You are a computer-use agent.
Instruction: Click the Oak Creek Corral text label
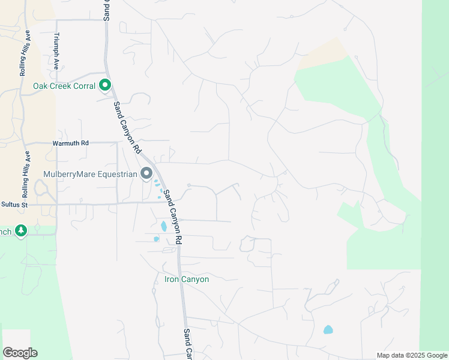[64, 86]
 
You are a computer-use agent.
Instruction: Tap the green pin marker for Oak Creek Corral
[105, 86]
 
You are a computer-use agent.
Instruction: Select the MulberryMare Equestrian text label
[90, 175]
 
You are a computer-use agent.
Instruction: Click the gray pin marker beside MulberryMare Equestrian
[146, 174]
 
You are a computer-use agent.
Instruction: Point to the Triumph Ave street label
[56, 52]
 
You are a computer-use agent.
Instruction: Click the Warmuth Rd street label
[70, 143]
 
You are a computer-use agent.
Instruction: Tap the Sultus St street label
[14, 205]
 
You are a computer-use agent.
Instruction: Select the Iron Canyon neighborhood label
[187, 280]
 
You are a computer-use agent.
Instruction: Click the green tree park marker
[21, 231]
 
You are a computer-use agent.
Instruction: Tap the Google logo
[20, 353]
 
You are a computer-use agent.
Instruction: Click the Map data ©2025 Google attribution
[411, 355]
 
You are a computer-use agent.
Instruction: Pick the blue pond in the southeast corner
[328, 329]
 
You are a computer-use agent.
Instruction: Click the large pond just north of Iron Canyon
[163, 227]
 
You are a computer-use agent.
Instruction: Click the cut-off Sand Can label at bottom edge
[187, 343]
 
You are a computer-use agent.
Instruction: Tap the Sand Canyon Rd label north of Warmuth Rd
[127, 127]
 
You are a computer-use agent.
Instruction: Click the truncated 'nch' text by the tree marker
[5, 232]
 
